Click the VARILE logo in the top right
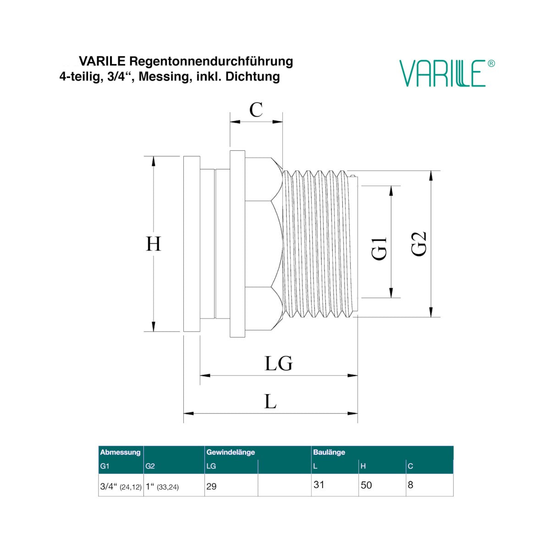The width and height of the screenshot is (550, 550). (446, 73)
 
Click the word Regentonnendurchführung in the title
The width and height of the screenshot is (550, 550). (211, 61)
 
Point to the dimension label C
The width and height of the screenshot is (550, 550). (256, 110)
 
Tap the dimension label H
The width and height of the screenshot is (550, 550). (153, 244)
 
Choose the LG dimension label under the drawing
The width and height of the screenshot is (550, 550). (279, 363)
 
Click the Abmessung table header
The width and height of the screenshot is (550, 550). (120, 452)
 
